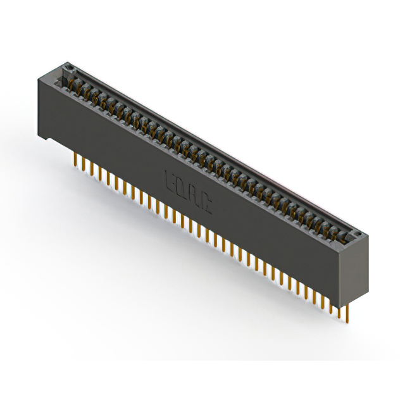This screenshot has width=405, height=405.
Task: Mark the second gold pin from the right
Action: [x=339, y=309]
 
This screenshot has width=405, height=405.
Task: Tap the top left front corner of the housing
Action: [x=40, y=77]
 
